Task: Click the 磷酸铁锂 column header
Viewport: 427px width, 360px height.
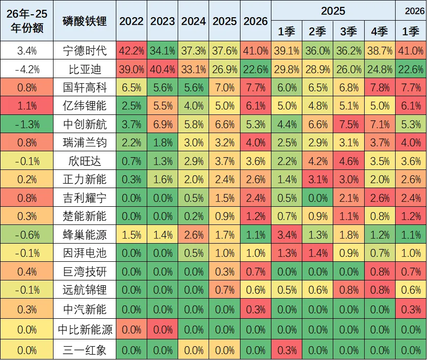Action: [84, 21]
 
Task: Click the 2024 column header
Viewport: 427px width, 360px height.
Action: [193, 21]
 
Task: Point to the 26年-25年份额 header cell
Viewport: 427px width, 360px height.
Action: [27, 21]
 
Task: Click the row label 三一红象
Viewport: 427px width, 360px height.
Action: [84, 350]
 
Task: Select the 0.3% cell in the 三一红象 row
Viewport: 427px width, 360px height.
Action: [287, 350]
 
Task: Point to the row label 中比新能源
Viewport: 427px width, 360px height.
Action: [84, 329]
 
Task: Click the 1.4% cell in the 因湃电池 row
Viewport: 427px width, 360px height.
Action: [318, 253]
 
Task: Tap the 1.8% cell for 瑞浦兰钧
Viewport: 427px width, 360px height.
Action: [162, 143]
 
